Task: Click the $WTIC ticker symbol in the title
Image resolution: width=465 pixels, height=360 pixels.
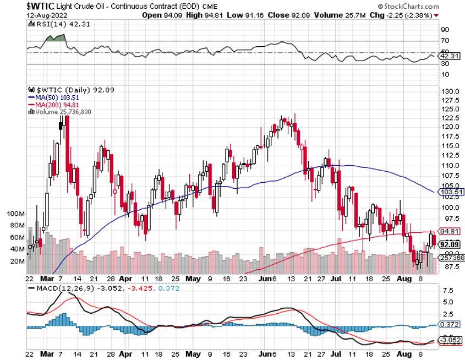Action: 40,6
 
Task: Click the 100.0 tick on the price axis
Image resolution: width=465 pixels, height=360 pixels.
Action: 451,208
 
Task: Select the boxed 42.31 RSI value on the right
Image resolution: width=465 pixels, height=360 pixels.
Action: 450,56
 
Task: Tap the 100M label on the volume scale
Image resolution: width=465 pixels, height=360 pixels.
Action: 16,213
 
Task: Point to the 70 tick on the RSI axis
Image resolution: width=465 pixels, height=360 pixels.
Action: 445,41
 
